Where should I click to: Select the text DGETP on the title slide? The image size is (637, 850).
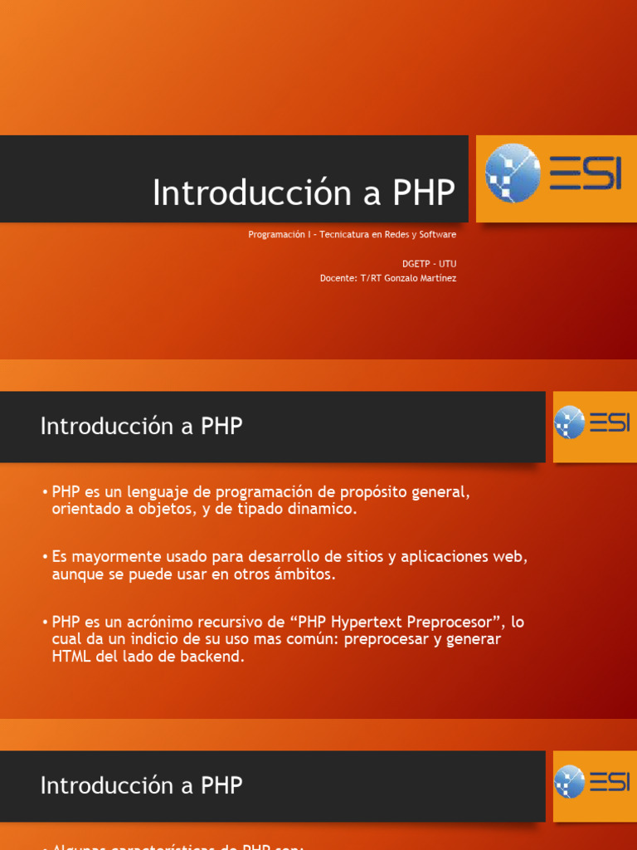[x=417, y=264]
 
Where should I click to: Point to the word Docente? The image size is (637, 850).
[x=337, y=278]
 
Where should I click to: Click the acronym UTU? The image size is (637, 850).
[x=447, y=264]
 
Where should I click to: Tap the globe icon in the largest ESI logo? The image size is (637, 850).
[x=512, y=173]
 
